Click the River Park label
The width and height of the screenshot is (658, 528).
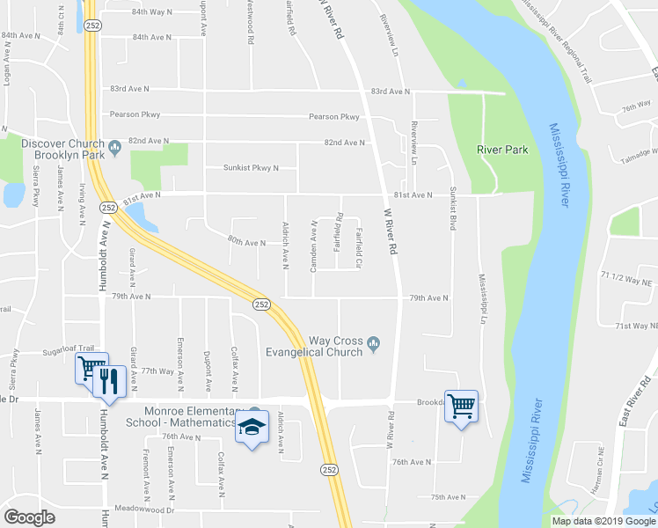[502, 150]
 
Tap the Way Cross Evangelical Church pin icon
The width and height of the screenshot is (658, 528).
[374, 342]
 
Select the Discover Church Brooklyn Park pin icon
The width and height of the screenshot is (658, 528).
[115, 144]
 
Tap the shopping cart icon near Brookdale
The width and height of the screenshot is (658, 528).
[461, 406]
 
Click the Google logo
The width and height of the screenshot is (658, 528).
[29, 517]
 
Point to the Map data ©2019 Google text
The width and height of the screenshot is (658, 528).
[603, 521]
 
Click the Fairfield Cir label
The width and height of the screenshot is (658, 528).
[359, 249]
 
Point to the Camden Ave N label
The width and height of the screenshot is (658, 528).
[313, 246]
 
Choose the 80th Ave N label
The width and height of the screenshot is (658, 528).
[246, 242]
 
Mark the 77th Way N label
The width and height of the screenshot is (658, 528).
[159, 371]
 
